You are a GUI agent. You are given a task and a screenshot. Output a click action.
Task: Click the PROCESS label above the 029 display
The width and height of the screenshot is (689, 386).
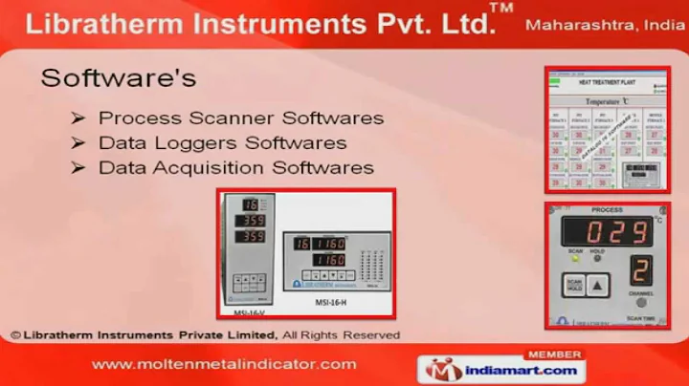[x=607, y=210]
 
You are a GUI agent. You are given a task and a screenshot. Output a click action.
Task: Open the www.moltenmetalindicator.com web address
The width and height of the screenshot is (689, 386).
[x=224, y=364]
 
